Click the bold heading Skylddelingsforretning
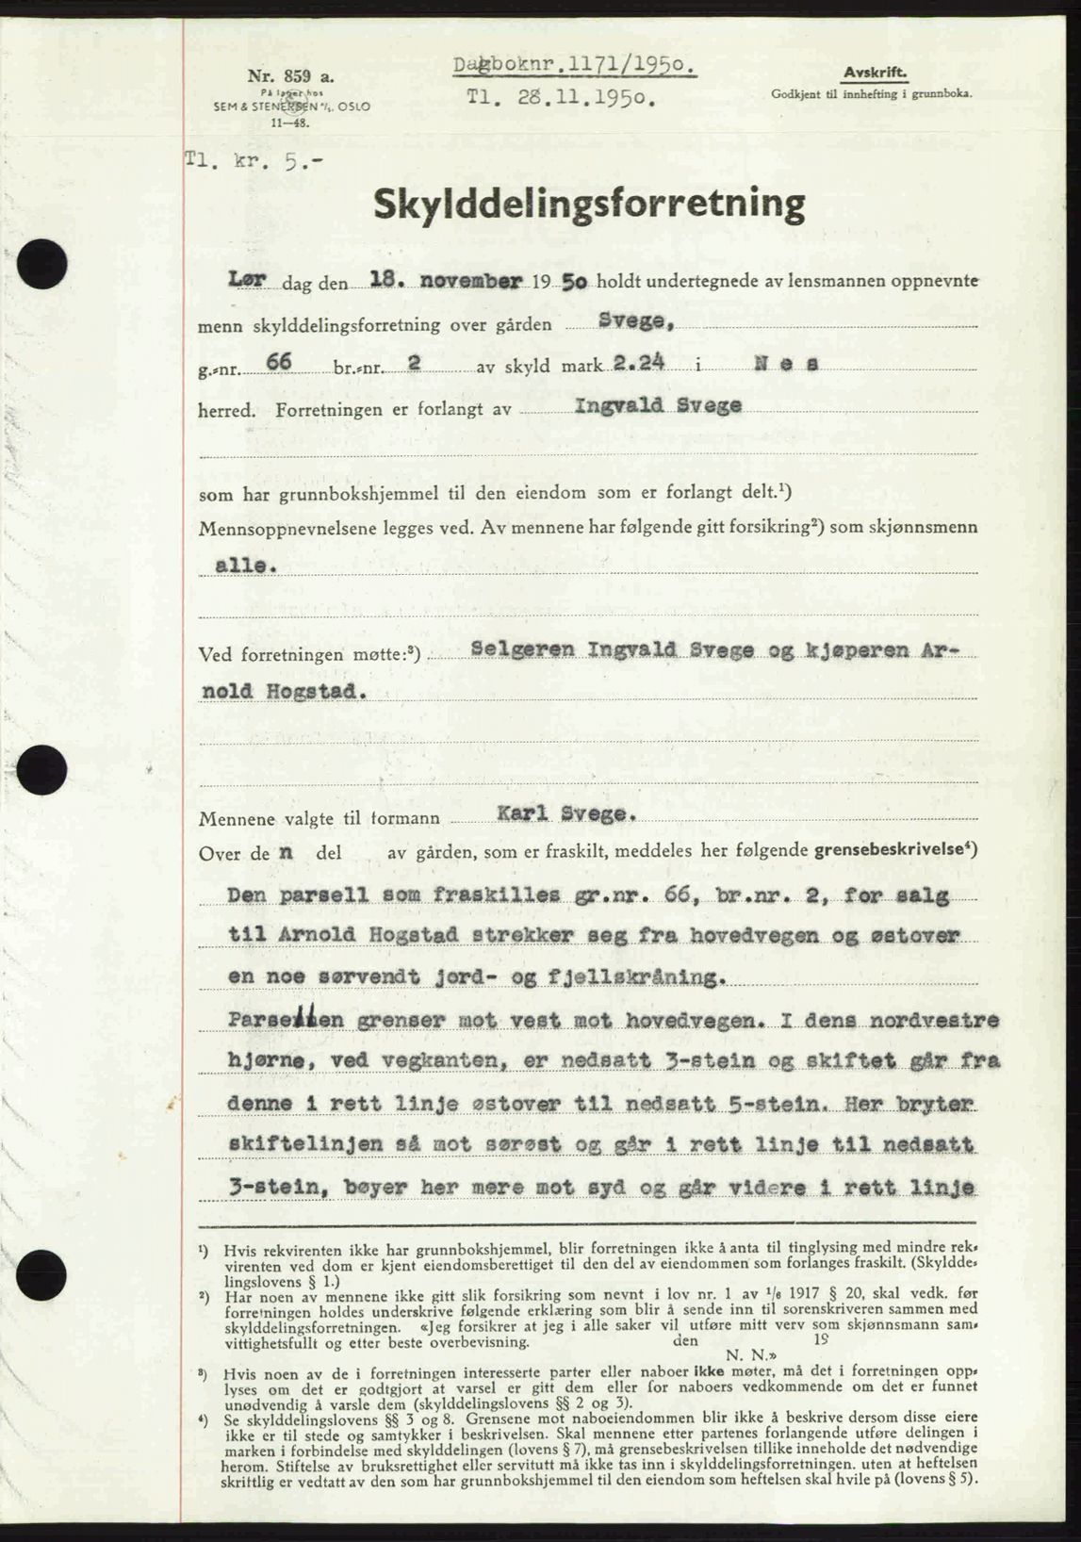click(x=589, y=205)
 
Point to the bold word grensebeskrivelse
click(x=894, y=851)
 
